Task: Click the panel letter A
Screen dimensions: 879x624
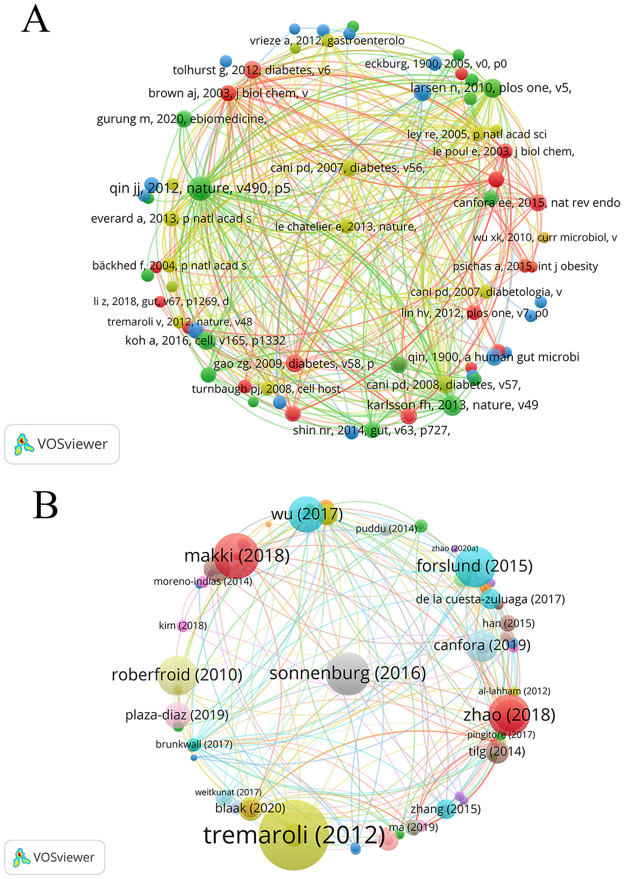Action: [36, 20]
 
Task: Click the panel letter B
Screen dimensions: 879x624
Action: [45, 506]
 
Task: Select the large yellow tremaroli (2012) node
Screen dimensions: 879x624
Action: [293, 834]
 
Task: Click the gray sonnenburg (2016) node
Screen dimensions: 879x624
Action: [348, 673]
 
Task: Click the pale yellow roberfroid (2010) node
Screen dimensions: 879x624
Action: [177, 675]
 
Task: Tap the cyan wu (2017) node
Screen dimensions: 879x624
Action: [307, 514]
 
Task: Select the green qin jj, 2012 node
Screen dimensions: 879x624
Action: [200, 188]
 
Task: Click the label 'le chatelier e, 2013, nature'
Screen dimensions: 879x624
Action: [345, 227]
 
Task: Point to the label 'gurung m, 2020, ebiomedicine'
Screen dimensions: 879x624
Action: [182, 119]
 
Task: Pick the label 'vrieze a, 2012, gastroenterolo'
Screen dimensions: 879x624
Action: [327, 41]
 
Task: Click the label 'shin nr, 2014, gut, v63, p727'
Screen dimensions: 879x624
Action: [371, 430]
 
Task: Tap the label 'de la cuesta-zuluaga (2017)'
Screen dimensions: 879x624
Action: [490, 599]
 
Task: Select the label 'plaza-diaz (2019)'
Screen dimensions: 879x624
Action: [177, 715]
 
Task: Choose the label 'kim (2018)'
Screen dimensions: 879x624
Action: [183, 626]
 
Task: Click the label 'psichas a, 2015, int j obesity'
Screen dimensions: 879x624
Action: [525, 266]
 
